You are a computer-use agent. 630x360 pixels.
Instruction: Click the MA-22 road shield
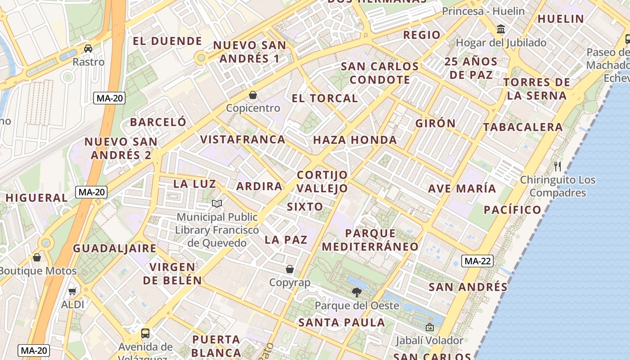click(x=477, y=261)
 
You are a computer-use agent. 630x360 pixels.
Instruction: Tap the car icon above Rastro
click(x=88, y=48)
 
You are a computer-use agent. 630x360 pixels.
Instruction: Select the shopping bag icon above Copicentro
click(x=253, y=95)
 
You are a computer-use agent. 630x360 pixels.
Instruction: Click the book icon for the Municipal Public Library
click(x=217, y=204)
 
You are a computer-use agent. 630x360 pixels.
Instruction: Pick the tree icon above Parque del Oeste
click(x=357, y=292)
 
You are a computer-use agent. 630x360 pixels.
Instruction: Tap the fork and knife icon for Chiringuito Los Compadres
click(x=558, y=166)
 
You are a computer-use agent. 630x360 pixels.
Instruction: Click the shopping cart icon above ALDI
click(x=72, y=292)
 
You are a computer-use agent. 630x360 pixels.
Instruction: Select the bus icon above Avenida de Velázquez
click(x=145, y=333)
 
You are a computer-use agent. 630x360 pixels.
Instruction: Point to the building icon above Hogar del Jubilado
click(x=500, y=30)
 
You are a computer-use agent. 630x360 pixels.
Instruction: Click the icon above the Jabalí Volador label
click(x=429, y=327)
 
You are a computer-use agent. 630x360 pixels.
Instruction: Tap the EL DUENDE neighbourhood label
click(x=167, y=41)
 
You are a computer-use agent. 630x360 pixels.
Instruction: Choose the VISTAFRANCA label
click(x=243, y=139)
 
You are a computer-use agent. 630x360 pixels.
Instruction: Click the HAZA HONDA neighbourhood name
click(x=355, y=140)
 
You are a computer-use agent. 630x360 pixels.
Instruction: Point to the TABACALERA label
click(x=523, y=127)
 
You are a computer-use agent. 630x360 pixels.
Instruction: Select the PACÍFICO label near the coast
click(x=513, y=210)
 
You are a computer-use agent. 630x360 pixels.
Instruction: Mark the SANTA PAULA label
click(x=342, y=323)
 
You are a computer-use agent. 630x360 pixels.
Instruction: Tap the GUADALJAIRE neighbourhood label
click(x=115, y=248)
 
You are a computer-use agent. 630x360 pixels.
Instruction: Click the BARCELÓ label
click(x=158, y=122)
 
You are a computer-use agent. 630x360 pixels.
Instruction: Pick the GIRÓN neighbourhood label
click(x=436, y=123)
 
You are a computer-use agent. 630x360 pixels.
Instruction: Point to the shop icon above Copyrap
click(x=290, y=269)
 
